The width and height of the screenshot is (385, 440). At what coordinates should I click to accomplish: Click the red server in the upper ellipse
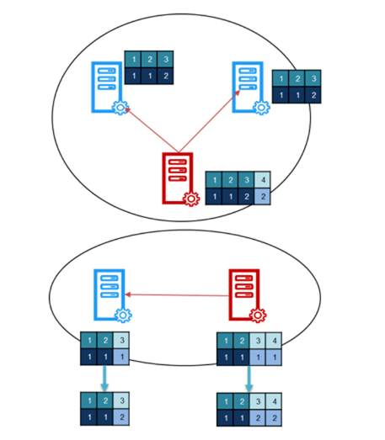pyautogui.click(x=178, y=178)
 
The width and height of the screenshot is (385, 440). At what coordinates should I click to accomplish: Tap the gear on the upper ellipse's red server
pyautogui.click(x=191, y=199)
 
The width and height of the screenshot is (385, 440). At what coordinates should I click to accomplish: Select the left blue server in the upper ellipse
pyautogui.click(x=107, y=87)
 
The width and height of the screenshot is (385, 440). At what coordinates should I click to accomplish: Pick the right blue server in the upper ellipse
pyautogui.click(x=248, y=87)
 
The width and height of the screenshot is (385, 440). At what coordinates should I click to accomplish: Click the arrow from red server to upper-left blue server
pyautogui.click(x=151, y=130)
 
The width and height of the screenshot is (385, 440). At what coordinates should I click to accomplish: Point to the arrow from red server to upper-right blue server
pyautogui.click(x=210, y=121)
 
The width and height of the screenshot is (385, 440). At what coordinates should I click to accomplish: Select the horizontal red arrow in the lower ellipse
pyautogui.click(x=177, y=295)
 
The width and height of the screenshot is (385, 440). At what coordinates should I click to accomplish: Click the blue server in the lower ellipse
pyautogui.click(x=110, y=294)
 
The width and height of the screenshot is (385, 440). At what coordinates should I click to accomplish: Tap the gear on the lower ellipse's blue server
pyautogui.click(x=123, y=315)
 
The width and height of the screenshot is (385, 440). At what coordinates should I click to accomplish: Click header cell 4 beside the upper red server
pyautogui.click(x=263, y=179)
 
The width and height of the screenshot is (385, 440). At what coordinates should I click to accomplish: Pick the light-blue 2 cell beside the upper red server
pyautogui.click(x=263, y=196)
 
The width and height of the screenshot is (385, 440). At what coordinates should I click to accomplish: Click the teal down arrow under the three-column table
pyautogui.click(x=104, y=379)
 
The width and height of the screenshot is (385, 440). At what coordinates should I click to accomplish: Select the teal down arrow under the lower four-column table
pyautogui.click(x=249, y=379)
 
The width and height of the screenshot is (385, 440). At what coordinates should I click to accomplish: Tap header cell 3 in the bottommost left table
pyautogui.click(x=121, y=400)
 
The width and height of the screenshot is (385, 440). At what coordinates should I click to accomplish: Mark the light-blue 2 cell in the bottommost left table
pyautogui.click(x=121, y=417)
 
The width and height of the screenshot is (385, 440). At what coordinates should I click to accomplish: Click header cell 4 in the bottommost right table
pyautogui.click(x=274, y=401)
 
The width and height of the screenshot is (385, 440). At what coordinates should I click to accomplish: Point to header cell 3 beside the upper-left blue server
pyautogui.click(x=165, y=59)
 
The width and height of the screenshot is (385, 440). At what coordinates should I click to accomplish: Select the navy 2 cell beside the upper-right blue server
pyautogui.click(x=313, y=95)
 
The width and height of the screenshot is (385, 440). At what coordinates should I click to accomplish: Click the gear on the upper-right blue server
pyautogui.click(x=262, y=107)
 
